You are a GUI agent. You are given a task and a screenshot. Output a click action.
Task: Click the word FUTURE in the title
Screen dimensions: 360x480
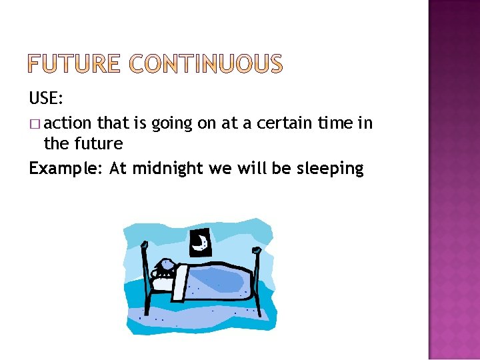point(74,64)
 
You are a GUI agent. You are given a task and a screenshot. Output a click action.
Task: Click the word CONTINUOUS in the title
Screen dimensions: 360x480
point(205,64)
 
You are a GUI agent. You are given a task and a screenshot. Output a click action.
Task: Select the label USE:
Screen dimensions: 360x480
point(46,99)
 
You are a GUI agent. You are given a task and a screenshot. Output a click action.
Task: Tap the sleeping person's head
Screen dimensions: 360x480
point(164,268)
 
